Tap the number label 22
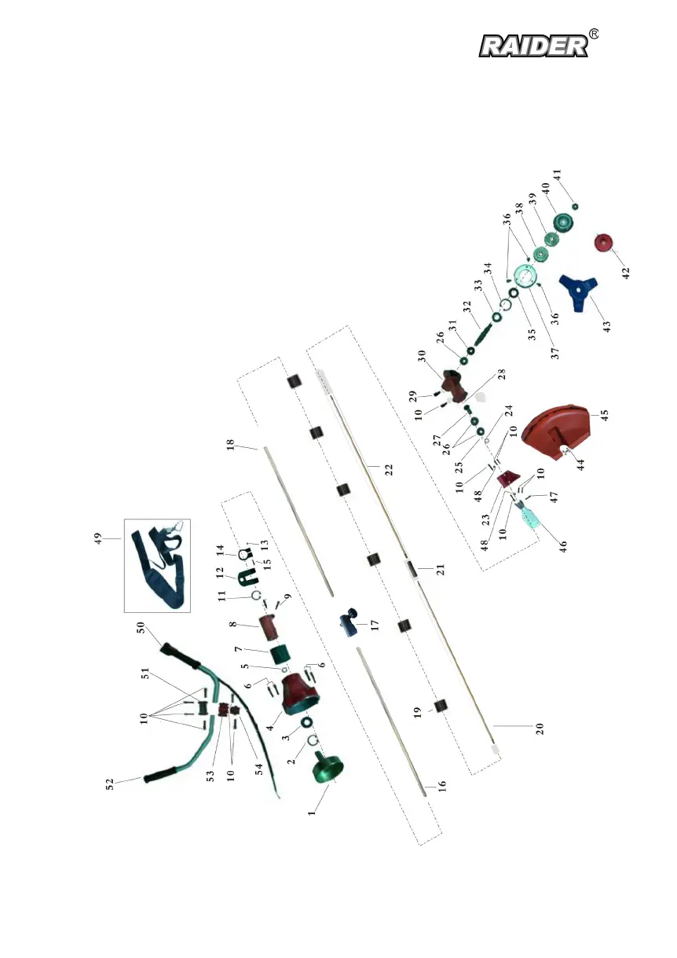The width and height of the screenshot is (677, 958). tap(387, 469)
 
